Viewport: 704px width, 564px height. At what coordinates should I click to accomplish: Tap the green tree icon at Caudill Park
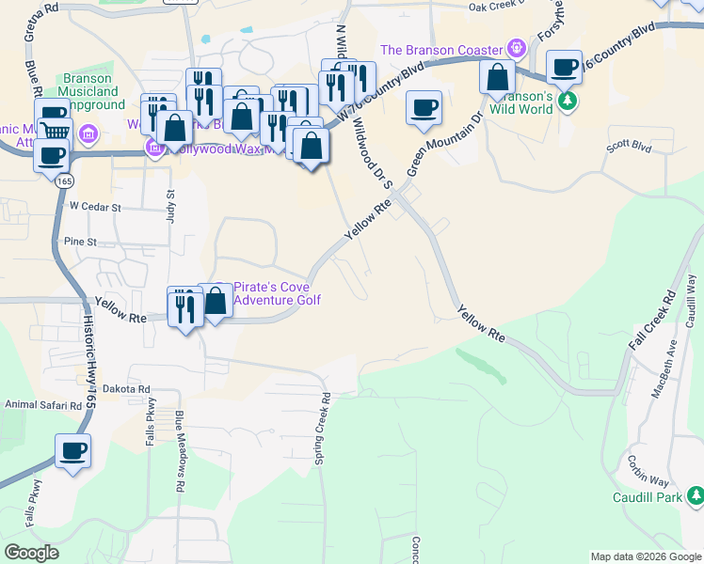(695, 494)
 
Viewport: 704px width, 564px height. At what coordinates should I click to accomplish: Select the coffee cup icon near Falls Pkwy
(72, 451)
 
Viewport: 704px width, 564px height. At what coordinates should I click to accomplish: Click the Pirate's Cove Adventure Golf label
(276, 293)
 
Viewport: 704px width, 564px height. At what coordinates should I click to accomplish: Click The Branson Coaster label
(440, 49)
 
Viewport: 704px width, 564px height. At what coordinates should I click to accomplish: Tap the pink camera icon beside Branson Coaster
(515, 48)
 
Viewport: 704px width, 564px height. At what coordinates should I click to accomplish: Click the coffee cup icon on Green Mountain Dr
(424, 107)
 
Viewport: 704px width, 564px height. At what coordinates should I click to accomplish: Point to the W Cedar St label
(95, 206)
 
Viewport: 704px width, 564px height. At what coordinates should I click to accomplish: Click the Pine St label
(80, 242)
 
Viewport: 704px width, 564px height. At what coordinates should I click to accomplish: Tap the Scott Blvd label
(629, 146)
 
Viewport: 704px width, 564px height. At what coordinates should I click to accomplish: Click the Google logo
(33, 553)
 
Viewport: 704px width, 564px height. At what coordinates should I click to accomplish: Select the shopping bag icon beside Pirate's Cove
(216, 303)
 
